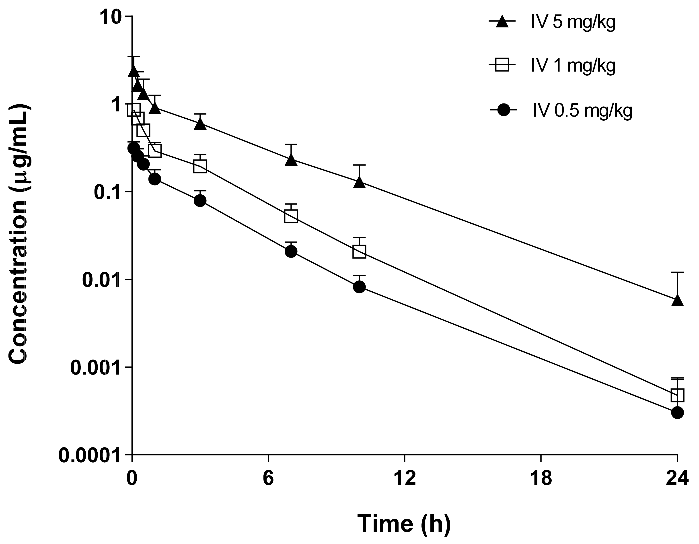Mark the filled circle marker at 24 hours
tap(677, 413)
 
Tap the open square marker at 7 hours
tap(291, 216)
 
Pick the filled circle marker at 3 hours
tap(200, 201)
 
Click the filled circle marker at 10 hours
tap(360, 287)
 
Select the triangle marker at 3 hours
tap(200, 124)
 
